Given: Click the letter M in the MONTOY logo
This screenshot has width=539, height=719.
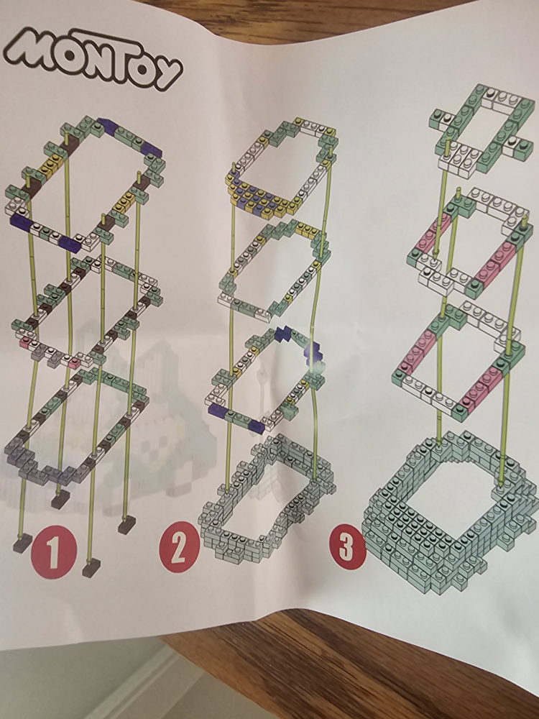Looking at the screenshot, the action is coord(34,50).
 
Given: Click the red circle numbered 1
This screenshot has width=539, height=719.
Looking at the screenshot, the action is coord(53,550).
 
